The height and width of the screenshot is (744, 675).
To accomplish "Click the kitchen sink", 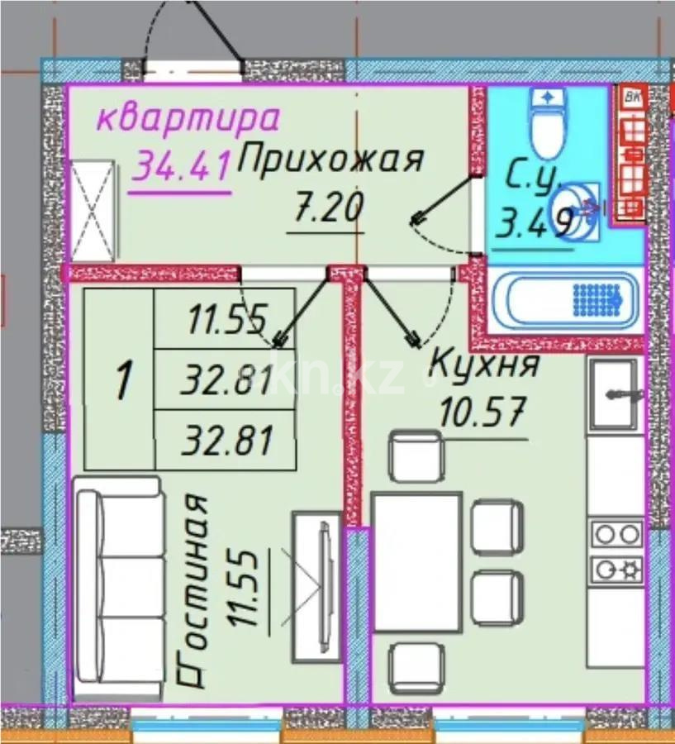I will (612, 395).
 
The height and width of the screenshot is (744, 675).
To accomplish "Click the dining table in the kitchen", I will (417, 562).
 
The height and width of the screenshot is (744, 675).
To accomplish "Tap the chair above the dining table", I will (417, 456).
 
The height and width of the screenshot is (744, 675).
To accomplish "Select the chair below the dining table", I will (417, 668).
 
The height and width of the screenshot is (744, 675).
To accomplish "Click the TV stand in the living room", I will (318, 586).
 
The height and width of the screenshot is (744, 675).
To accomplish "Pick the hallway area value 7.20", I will (327, 207).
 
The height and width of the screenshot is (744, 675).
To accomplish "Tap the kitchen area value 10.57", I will (482, 410).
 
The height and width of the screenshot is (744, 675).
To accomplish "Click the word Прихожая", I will (330, 160).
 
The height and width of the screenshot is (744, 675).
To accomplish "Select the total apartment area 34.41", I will (181, 169).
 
